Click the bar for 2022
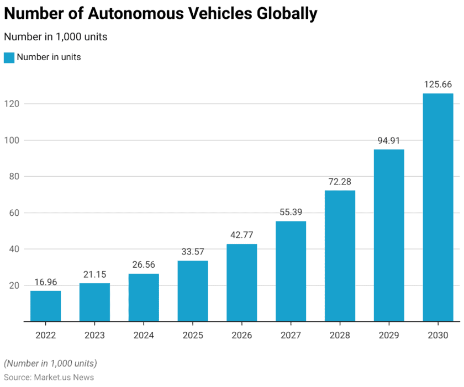pyautogui.click(x=45, y=306)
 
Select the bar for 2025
pyautogui.click(x=193, y=291)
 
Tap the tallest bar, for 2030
pyautogui.click(x=438, y=207)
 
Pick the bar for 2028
pyautogui.click(x=340, y=256)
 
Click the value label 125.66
pyautogui.click(x=438, y=84)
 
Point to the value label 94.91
pyautogui.click(x=389, y=140)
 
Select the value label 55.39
pyautogui.click(x=291, y=212)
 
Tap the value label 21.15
pyautogui.click(x=94, y=274)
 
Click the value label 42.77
pyautogui.click(x=241, y=235)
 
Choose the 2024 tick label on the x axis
pyautogui.click(x=144, y=335)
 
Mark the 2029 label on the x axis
pyautogui.click(x=389, y=335)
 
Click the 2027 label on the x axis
pyautogui.click(x=291, y=335)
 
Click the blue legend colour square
pyautogui.click(x=9, y=57)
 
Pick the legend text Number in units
pyautogui.click(x=49, y=57)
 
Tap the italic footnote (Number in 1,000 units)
pyautogui.click(x=50, y=363)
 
